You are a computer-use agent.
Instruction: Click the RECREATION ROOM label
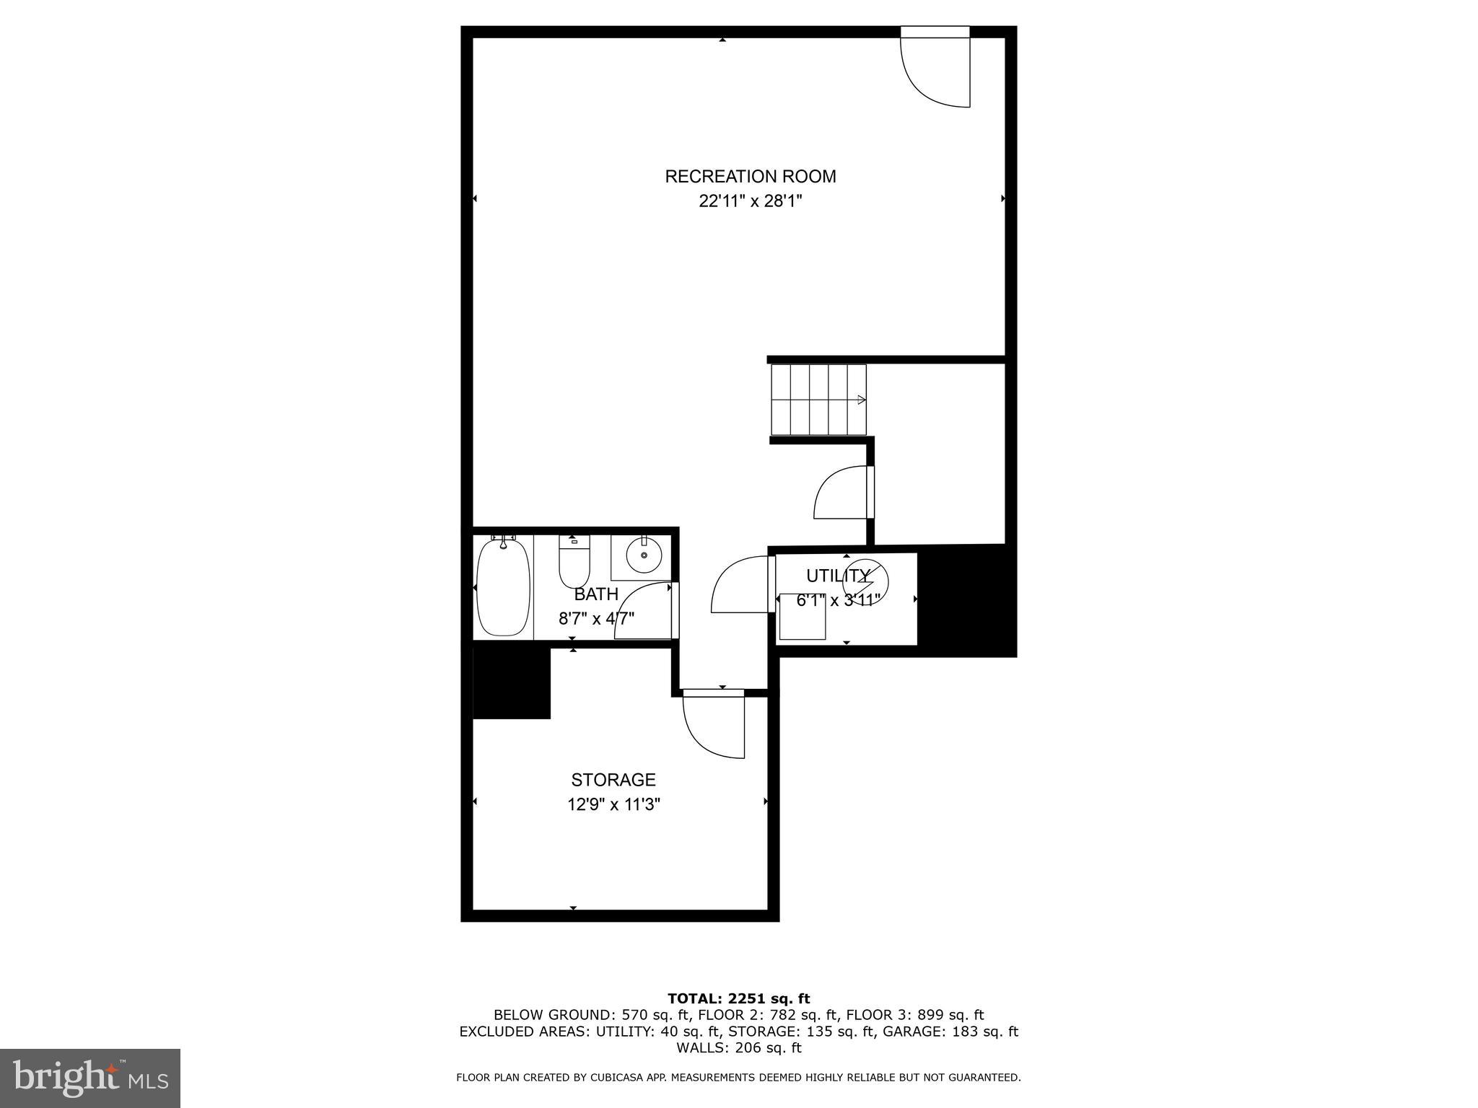pyautogui.click(x=750, y=176)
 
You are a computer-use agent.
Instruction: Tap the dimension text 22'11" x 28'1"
pyautogui.click(x=750, y=201)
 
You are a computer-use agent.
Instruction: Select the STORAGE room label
pyautogui.click(x=613, y=780)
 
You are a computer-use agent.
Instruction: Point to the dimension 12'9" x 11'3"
pyautogui.click(x=613, y=804)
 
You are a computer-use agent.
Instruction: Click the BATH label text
pyautogui.click(x=596, y=594)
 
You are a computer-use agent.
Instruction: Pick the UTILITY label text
pyautogui.click(x=837, y=576)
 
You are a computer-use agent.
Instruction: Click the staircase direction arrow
pyautogui.click(x=860, y=400)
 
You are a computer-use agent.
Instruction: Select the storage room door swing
pyautogui.click(x=713, y=725)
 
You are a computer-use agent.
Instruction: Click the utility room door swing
pyautogui.click(x=740, y=586)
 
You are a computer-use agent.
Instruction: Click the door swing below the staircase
pyautogui.click(x=841, y=493)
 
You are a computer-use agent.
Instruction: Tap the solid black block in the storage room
pyautogui.click(x=511, y=682)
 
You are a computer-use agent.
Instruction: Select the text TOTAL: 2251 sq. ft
pyautogui.click(x=738, y=998)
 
